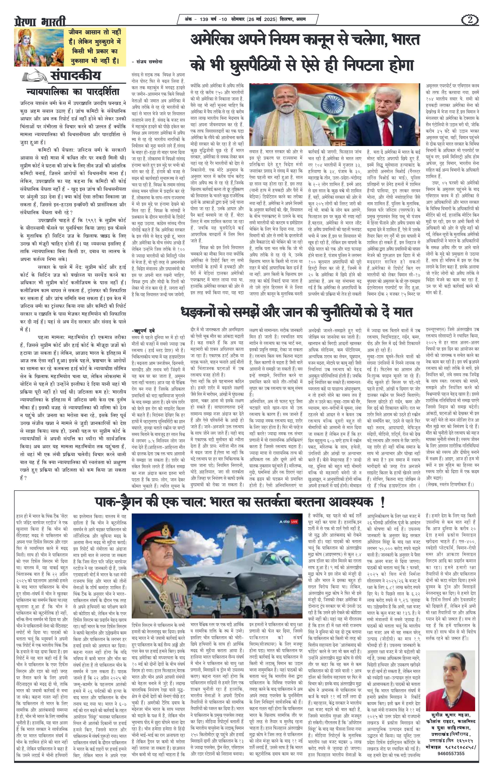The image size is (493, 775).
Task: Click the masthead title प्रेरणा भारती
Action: [x=40, y=21]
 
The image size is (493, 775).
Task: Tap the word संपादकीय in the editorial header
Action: [x=75, y=76]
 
